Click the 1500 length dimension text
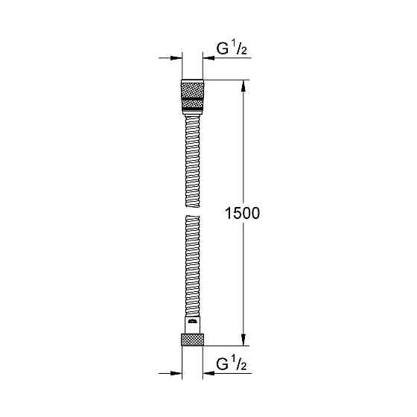pyautogui.click(x=241, y=213)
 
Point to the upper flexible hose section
pyautogui.click(x=191, y=156)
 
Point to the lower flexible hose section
pyautogui.click(x=191, y=268)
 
